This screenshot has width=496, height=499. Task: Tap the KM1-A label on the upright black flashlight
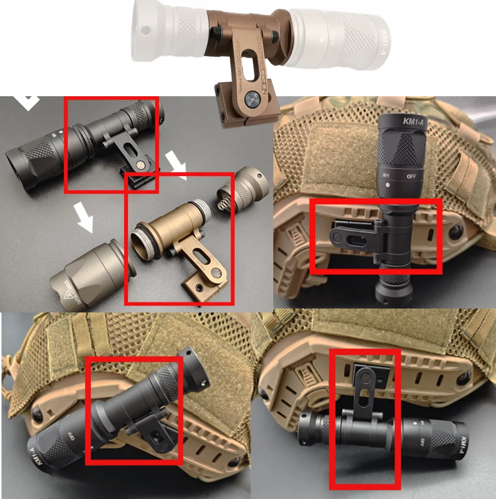(x=413, y=121)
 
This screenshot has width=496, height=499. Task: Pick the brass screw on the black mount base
(x=140, y=164)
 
